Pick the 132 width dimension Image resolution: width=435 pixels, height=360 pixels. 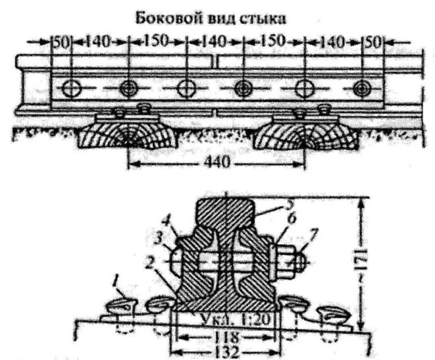[x=224, y=351]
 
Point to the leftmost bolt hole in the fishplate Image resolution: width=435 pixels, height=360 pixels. [x=69, y=87]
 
